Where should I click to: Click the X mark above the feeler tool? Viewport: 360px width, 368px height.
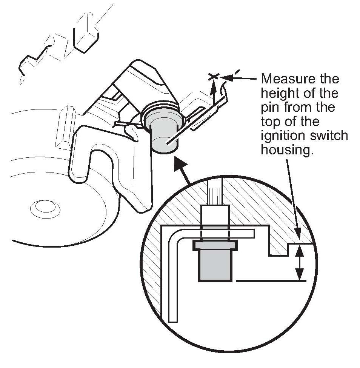[x=213, y=77]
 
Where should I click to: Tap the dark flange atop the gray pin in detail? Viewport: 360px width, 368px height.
[x=215, y=246]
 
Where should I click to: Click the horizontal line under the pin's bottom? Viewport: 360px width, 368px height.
[x=270, y=280]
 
